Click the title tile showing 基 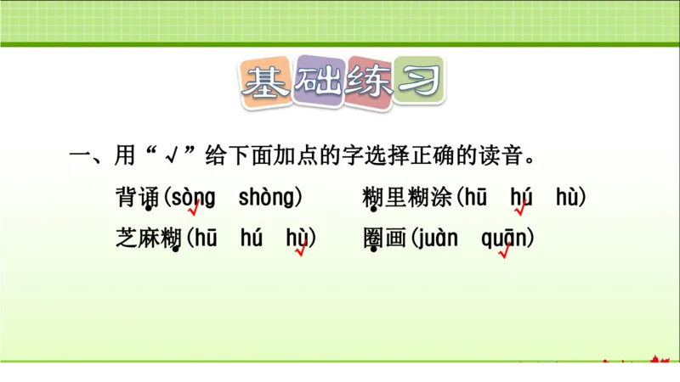pos(266,83)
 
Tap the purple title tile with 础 pos(317,83)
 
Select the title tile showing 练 pos(368,83)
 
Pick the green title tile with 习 pos(418,83)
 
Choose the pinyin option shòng pos(268,198)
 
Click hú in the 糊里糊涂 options pos(521,198)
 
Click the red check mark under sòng pos(194,208)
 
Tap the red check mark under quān pos(504,251)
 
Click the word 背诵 pos(137,198)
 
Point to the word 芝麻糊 pos(149,239)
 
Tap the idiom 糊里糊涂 pos(408,198)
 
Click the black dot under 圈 pos(373,250)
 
